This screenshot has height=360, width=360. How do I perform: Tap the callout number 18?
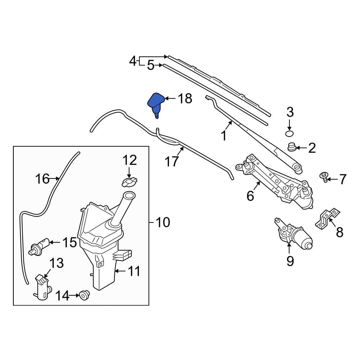185,98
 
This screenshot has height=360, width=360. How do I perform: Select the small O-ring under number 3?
289,134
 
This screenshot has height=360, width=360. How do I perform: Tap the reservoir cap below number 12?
130,182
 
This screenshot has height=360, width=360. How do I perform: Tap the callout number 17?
172,161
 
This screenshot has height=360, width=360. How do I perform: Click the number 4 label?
133,61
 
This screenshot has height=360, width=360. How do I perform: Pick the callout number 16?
42,178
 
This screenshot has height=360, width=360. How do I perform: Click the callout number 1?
224,136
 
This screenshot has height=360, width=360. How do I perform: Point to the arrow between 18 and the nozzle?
170,98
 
